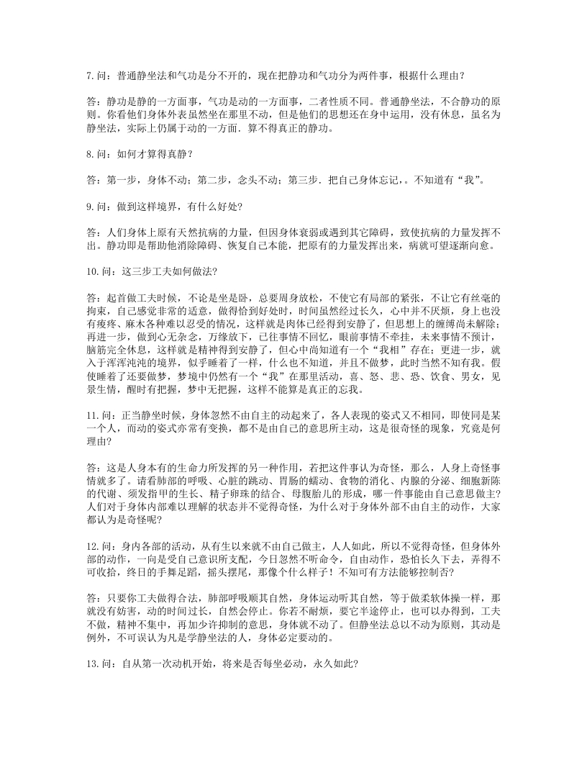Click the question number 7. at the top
91,74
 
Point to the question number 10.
94,270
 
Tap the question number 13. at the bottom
94,664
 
